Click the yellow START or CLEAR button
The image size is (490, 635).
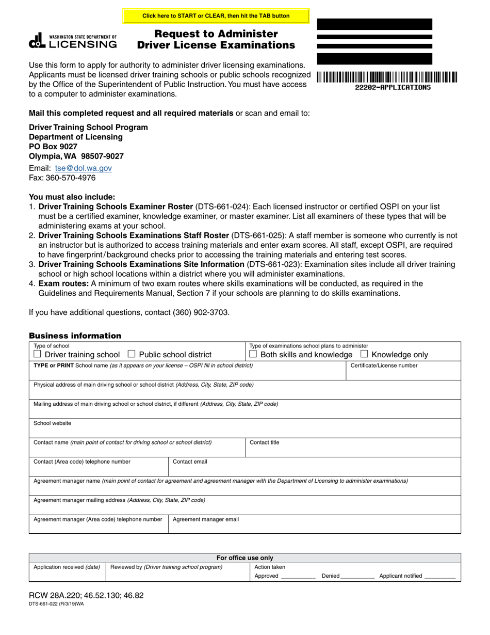(216, 16)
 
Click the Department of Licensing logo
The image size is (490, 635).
(73, 41)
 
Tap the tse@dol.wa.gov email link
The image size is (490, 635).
(83, 168)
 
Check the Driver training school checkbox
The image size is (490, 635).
(37, 354)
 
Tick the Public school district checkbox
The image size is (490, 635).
(131, 354)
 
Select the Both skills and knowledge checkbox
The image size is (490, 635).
(253, 354)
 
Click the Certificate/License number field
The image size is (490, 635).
(403, 373)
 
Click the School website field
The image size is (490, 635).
(244, 430)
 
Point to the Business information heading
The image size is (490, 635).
(75, 336)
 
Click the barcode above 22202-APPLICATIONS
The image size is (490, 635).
(386, 77)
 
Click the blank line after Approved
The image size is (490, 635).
(298, 576)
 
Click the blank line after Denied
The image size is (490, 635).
(357, 576)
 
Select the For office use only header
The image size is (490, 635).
(244, 558)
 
